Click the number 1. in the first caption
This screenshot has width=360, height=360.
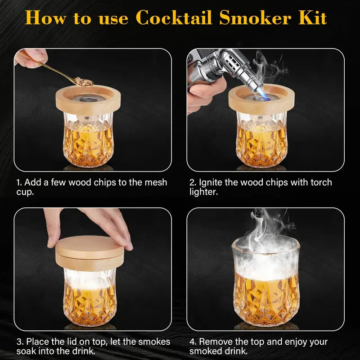point(19,182)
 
